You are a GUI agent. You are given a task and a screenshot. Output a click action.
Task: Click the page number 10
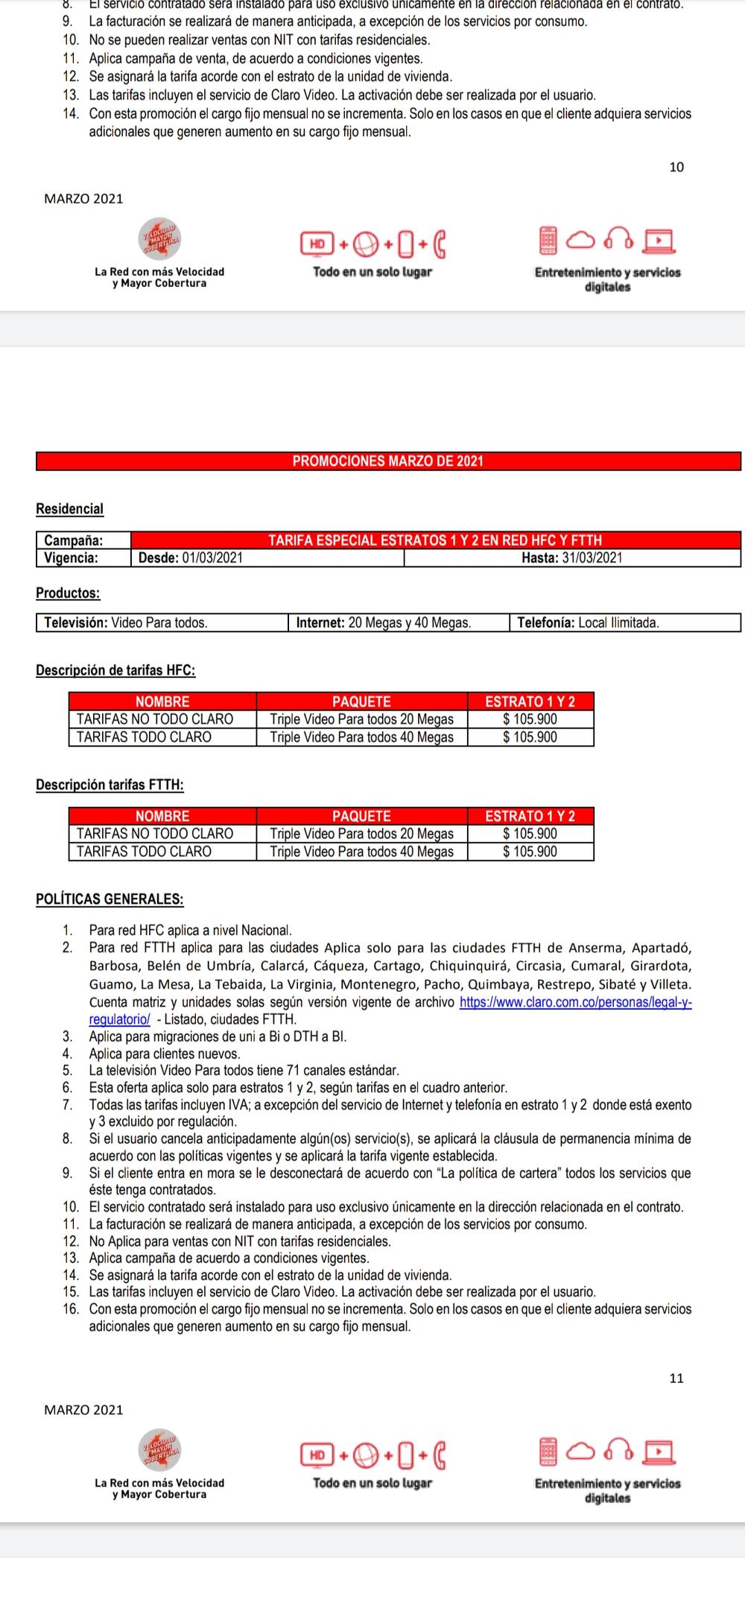(x=676, y=167)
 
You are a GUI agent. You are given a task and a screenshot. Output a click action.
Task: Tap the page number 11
(x=676, y=1378)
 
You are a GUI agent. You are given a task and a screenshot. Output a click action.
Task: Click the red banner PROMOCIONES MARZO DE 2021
(x=387, y=461)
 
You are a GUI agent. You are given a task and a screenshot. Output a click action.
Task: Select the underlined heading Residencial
(x=69, y=509)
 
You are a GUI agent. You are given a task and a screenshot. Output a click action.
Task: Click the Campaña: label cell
(x=83, y=540)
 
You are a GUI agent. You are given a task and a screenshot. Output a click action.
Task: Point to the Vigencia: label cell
(x=83, y=558)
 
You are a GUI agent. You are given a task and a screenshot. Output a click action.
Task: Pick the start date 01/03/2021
(x=212, y=558)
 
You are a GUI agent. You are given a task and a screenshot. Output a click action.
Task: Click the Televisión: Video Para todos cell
(x=162, y=623)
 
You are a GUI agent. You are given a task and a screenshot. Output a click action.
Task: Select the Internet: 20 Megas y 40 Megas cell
(x=398, y=623)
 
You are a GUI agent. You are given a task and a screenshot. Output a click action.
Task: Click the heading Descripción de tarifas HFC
(x=115, y=671)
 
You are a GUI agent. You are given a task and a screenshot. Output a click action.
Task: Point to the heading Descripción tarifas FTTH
(x=110, y=785)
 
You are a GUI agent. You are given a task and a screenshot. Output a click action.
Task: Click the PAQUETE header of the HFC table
(x=361, y=701)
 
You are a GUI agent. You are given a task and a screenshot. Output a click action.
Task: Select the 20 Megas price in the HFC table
(x=530, y=719)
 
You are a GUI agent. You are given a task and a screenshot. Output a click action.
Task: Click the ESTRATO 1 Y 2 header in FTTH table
(x=530, y=816)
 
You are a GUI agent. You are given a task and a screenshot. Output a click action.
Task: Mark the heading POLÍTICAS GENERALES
(x=110, y=899)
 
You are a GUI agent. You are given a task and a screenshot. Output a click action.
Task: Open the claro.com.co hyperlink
(x=576, y=1002)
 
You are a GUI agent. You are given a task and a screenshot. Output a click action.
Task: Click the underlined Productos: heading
(x=68, y=593)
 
